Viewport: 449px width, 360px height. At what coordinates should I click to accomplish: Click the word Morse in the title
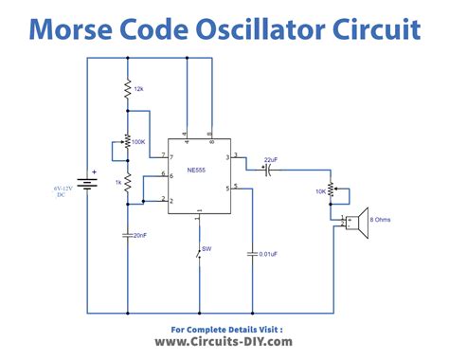70,29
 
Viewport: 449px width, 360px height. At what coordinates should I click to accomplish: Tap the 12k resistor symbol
128,89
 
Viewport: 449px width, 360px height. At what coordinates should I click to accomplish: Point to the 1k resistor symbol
128,182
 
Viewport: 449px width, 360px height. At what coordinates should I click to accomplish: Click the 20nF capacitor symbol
128,235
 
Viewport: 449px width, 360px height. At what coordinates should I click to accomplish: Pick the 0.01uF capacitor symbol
252,254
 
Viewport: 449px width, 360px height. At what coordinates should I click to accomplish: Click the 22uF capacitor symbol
268,171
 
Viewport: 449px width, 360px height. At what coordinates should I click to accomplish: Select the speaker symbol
357,223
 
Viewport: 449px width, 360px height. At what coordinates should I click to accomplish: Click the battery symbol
87,184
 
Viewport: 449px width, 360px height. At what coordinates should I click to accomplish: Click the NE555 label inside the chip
196,170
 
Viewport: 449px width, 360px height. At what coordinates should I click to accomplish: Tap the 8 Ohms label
380,220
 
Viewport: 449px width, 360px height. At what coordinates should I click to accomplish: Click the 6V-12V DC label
63,191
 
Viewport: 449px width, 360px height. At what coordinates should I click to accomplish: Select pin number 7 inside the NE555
171,157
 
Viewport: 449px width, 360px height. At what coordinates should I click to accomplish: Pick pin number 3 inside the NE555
227,157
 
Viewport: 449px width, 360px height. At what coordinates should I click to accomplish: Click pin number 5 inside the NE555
227,189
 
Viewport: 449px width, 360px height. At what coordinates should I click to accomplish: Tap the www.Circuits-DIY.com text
224,342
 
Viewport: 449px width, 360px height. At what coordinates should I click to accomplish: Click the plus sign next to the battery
94,172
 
